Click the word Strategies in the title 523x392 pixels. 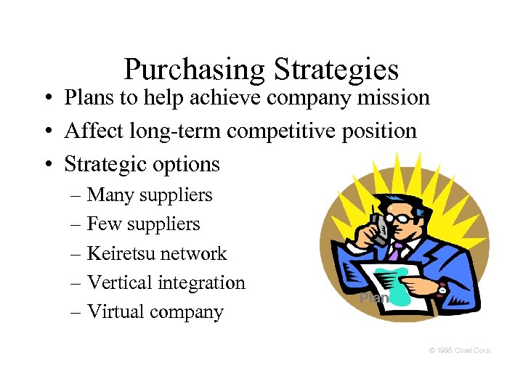336,70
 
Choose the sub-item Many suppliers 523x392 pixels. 150,195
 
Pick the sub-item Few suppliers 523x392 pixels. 143,224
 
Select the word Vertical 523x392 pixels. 118,282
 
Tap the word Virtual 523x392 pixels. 115,312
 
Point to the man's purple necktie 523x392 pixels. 395,251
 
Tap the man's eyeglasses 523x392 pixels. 402,216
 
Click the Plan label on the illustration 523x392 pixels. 374,298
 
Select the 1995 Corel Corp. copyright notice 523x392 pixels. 460,351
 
